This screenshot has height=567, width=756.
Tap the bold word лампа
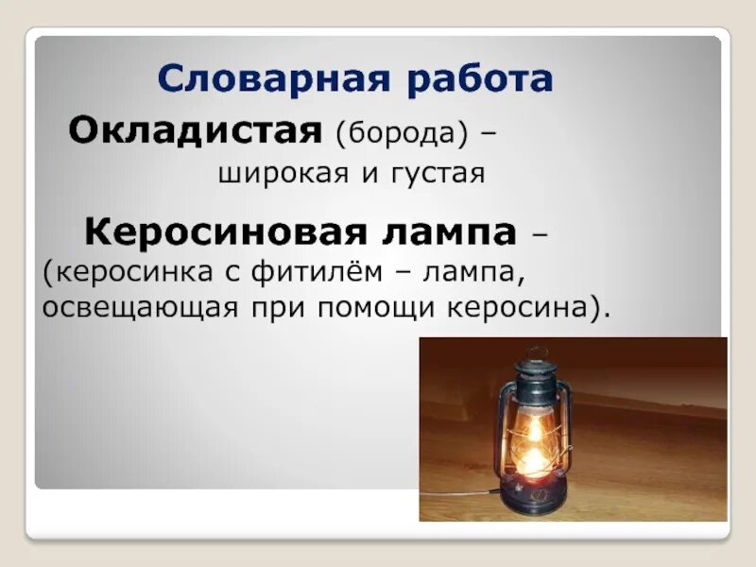coord(453,230)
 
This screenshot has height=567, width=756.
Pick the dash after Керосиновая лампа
coord(541,232)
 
